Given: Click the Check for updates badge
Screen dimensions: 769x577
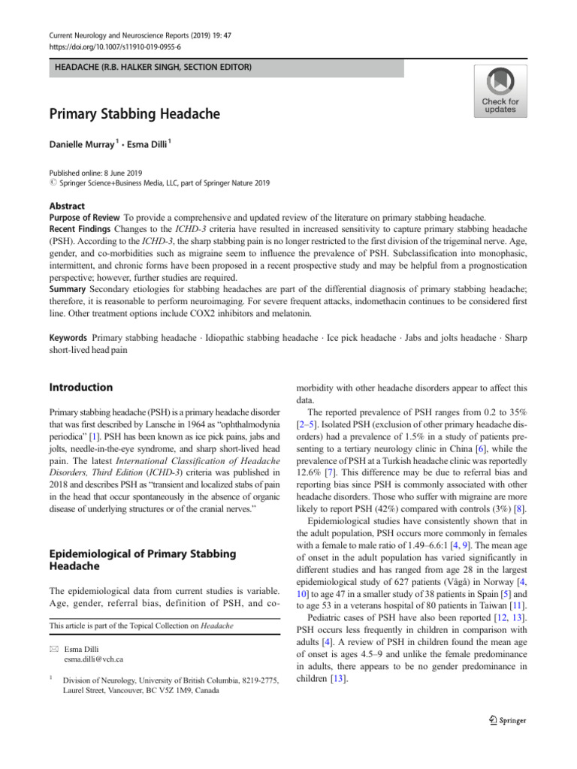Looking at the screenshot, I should [500, 90].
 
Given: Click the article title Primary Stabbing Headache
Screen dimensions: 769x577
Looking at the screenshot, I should [134, 115].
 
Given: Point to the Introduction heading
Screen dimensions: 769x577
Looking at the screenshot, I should [81, 388].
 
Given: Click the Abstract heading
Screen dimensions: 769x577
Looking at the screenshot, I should [67, 206].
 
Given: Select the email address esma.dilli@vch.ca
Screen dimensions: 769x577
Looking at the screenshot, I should [93, 659].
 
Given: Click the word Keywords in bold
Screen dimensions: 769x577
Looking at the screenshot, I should [68, 338].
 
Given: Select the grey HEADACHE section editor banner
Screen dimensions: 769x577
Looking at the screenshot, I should [226, 68].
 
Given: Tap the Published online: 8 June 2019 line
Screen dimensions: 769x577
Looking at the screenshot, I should [94, 172].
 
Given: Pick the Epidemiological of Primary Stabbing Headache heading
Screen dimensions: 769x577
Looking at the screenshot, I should [142, 561].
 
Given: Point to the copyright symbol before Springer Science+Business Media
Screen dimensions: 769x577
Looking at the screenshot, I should [53, 182].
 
